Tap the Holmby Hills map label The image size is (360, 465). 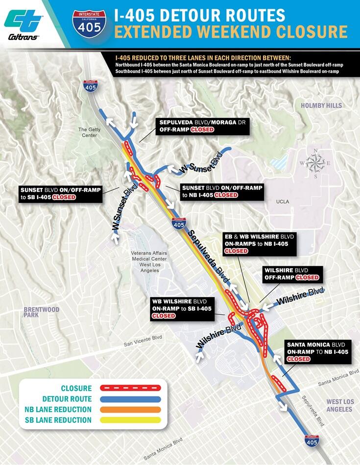point(320,105)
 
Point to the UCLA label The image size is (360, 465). point(282,201)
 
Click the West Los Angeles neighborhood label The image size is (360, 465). point(339,405)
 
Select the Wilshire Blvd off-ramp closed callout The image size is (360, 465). point(291,274)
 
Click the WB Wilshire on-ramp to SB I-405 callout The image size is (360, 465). point(182,307)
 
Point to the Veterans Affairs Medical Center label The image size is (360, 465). point(149,255)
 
